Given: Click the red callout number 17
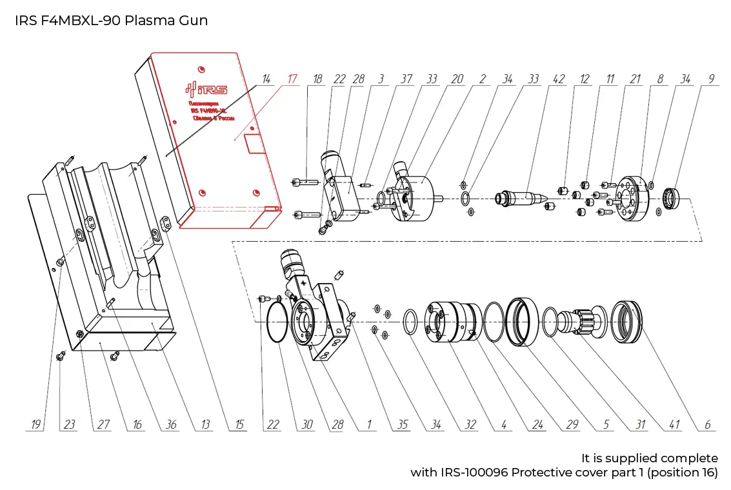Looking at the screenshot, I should [292, 79].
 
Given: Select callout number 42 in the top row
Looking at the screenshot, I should [559, 79].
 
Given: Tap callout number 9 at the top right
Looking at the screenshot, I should [711, 79].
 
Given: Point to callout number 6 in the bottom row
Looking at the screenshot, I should [707, 425].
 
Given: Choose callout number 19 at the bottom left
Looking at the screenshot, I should [36, 425].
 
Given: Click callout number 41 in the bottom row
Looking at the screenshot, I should [674, 425].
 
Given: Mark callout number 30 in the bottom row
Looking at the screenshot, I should [306, 425].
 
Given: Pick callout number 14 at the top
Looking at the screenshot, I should [265, 79].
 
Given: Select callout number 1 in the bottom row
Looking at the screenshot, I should [369, 425].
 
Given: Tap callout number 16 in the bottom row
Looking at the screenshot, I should [137, 425].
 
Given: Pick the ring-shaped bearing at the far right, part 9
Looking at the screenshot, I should [671, 198].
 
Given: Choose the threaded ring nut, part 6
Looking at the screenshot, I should [628, 322].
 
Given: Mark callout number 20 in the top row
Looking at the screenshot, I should [457, 79].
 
